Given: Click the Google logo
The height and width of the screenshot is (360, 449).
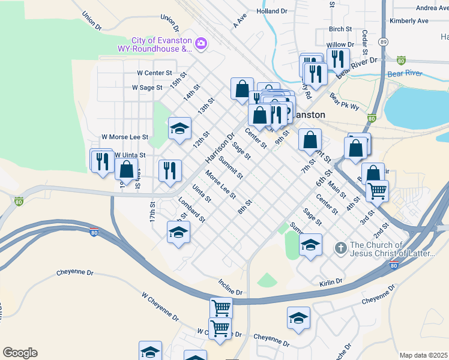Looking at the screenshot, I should pos(20,353).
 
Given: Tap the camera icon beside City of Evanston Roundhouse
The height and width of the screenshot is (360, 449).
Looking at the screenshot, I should pos(200,43).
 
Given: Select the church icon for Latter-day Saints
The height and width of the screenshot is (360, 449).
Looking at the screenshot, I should pos(340,248).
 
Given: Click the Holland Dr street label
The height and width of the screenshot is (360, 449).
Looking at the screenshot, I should pos(271,11).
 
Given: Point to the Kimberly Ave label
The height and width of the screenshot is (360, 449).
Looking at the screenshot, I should pos(409,20).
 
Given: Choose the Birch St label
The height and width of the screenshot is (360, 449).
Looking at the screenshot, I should pos(340,29).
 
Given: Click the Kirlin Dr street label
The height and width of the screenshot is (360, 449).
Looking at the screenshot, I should pos(331,281).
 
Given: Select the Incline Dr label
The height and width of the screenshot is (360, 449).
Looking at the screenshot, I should pos(230,287).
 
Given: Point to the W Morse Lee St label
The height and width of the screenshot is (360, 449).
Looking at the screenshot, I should pos(125,137).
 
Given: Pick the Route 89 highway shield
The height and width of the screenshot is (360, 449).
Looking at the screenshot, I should pos(383,42).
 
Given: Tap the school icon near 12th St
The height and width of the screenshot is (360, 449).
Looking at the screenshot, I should pos(179,128).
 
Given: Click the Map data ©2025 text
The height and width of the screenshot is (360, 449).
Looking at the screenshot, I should pos(423,355).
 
